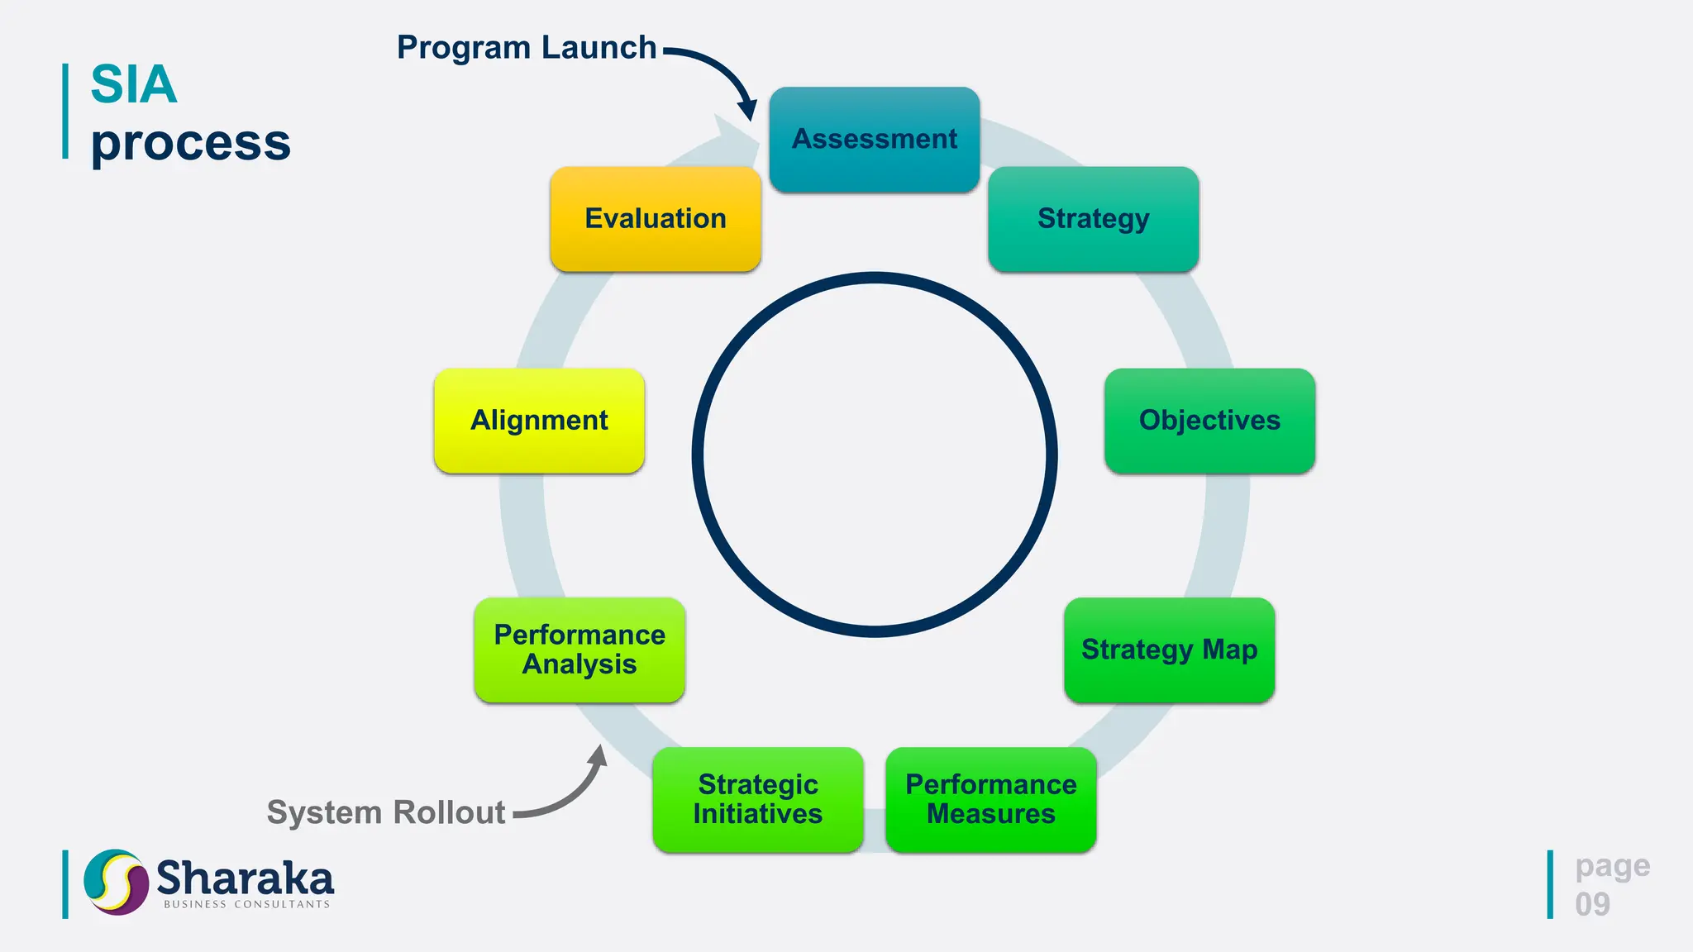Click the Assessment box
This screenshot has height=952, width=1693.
click(x=874, y=140)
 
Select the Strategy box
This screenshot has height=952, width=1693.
click(x=1093, y=219)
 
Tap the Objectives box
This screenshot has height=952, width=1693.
click(x=1209, y=421)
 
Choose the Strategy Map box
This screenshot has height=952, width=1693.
click(x=1169, y=650)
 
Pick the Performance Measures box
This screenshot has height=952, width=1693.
click(x=990, y=799)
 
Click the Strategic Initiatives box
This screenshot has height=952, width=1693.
click(x=757, y=799)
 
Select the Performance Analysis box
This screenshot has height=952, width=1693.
click(x=579, y=650)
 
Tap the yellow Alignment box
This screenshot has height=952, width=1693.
click(x=539, y=421)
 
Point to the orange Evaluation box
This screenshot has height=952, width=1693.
click(x=655, y=219)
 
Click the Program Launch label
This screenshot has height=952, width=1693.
click(x=527, y=48)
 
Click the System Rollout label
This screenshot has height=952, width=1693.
click(x=385, y=812)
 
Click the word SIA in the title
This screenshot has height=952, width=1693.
click(x=133, y=84)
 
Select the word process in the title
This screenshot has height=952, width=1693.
click(x=190, y=142)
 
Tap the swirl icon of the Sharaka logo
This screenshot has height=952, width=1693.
click(x=116, y=882)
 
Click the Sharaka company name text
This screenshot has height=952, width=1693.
click(x=245, y=878)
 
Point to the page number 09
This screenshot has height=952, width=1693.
click(x=1592, y=904)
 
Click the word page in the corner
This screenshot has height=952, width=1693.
click(x=1612, y=866)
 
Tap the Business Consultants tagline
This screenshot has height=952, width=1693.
click(x=246, y=905)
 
